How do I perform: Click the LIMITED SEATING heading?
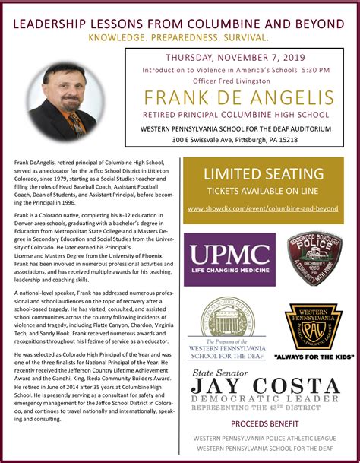point(263,174)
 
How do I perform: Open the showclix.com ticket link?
point(263,208)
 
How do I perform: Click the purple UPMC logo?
point(229,259)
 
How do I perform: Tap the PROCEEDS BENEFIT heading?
point(264,423)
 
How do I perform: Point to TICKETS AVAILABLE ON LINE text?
point(263,190)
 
